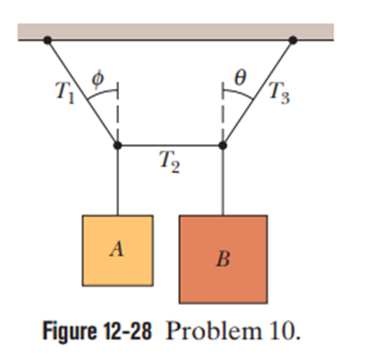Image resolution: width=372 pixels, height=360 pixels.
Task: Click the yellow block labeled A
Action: coord(118,250)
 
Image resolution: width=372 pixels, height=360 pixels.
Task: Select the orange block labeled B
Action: coord(223,259)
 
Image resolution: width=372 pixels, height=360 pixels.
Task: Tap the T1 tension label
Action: coord(65,94)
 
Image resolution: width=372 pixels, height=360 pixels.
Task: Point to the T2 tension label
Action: coord(170,161)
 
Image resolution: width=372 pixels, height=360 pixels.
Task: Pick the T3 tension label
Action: coord(280,92)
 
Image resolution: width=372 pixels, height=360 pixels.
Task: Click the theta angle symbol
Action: coord(240,78)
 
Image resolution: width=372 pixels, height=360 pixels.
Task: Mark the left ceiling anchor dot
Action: coord(48,40)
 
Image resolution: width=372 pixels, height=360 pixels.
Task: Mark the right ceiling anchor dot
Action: coord(293,40)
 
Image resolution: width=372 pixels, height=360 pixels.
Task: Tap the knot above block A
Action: coord(118,145)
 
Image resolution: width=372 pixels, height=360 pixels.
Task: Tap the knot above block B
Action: coord(223,145)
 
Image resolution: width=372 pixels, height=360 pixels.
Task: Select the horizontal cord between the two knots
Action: coord(171,145)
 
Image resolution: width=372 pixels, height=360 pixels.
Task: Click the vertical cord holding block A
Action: coord(118,180)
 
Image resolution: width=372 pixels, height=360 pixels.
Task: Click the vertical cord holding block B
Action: coord(223,180)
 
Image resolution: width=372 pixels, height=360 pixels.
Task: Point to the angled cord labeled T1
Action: coord(82,93)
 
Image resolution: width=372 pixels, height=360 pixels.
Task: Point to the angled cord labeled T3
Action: coord(258,93)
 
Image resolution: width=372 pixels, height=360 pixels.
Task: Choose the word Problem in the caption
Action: coord(213,331)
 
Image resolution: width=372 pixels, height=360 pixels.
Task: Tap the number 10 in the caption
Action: coord(283,331)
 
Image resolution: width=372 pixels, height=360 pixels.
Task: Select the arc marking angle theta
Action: coord(239,93)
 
